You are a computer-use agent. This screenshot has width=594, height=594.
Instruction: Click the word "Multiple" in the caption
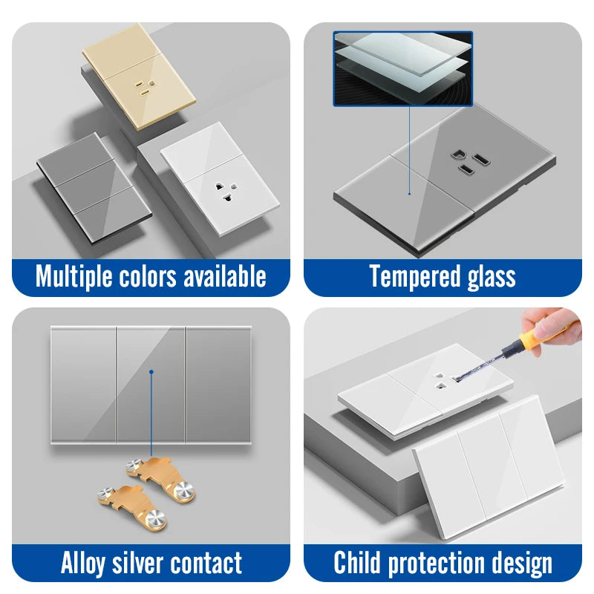(x=74, y=277)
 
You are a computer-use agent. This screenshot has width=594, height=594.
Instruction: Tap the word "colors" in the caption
(x=148, y=276)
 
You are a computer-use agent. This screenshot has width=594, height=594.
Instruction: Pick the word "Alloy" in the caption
(x=83, y=564)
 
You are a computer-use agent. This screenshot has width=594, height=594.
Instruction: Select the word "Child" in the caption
(x=357, y=562)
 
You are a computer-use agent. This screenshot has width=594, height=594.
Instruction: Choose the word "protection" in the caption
(x=437, y=564)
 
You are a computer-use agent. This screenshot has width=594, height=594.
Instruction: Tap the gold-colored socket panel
(x=139, y=76)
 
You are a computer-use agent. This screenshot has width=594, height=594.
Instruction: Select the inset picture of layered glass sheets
(x=403, y=68)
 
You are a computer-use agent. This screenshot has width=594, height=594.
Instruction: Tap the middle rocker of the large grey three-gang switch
(x=151, y=384)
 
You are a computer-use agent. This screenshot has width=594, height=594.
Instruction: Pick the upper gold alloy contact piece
(x=160, y=475)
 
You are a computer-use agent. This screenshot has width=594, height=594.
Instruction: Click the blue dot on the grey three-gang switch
(x=151, y=372)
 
